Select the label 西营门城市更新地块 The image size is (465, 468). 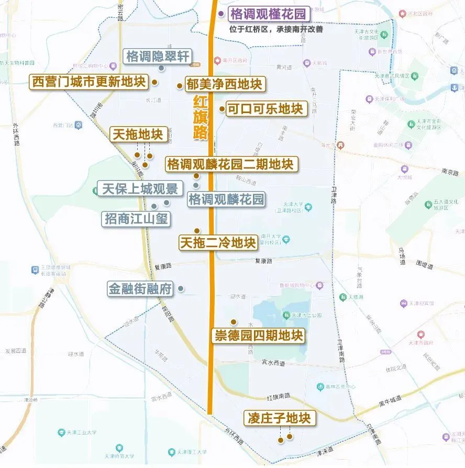[88, 82]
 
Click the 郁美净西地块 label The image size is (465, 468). [225, 84]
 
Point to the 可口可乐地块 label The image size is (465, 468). [265, 109]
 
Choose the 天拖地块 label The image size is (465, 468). [139, 134]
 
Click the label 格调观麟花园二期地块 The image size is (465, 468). [231, 164]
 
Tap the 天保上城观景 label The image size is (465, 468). [140, 188]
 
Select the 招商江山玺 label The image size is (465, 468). [136, 219]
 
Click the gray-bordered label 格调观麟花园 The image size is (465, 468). [226, 199]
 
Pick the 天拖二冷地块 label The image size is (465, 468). [218, 243]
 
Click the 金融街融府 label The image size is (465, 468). [140, 288]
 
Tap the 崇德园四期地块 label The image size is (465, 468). [259, 336]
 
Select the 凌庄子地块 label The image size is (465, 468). [280, 418]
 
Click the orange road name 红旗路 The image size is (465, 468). [200, 118]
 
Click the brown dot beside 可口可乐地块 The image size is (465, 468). [222, 109]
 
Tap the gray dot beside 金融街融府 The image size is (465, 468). [181, 288]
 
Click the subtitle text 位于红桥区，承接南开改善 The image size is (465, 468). [276, 29]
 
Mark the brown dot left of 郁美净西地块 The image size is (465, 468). [180, 85]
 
